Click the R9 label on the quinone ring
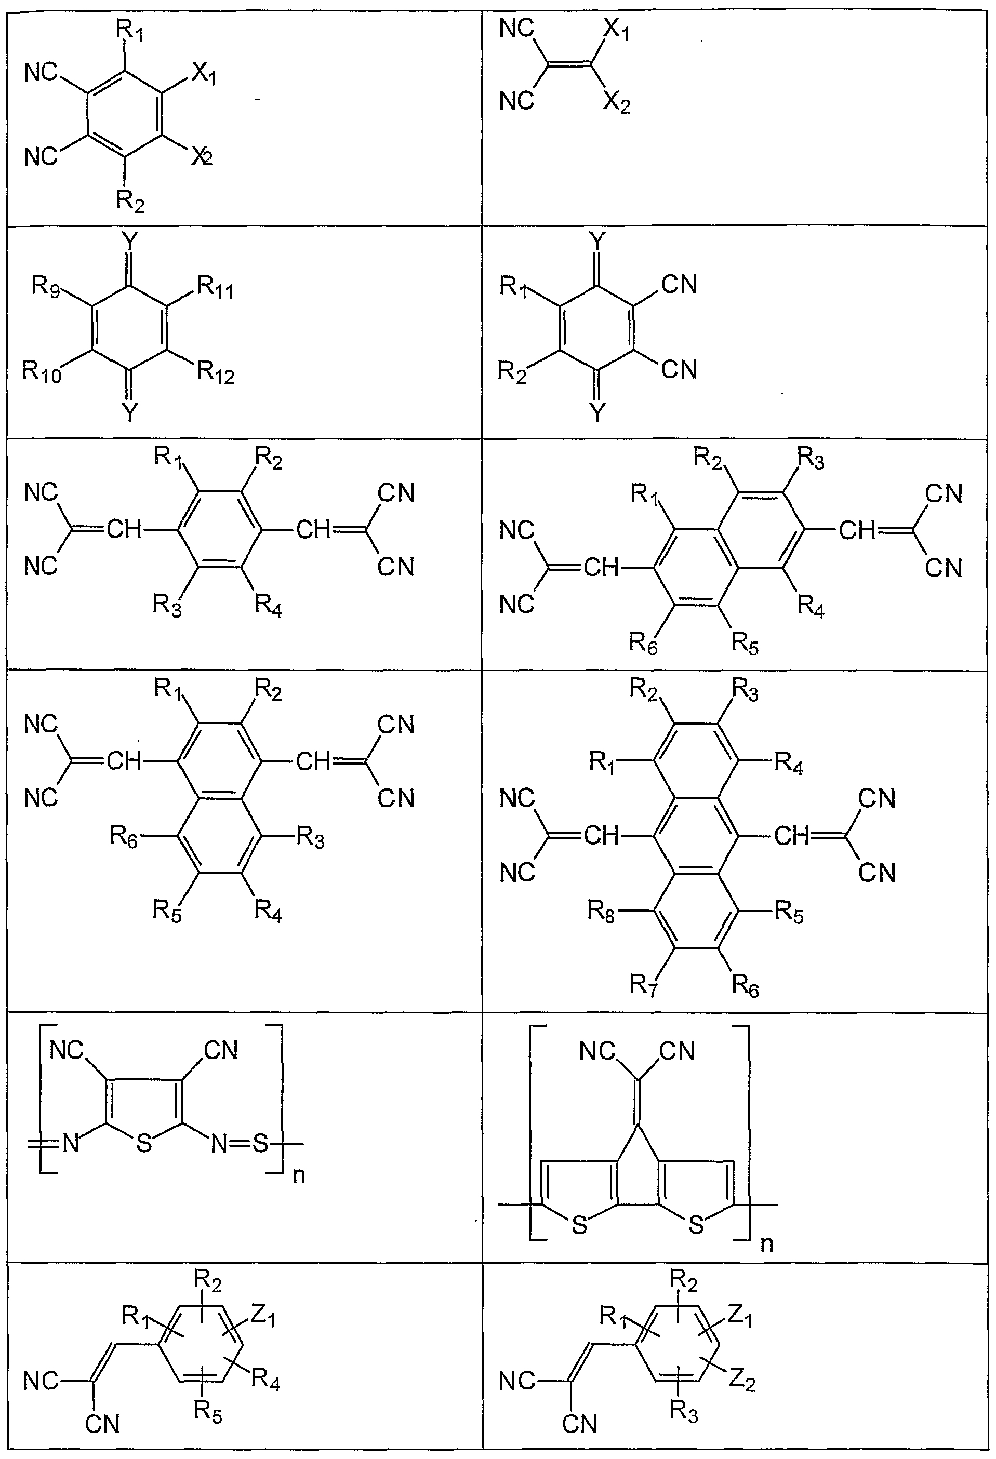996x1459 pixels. (46, 288)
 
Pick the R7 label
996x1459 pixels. (644, 986)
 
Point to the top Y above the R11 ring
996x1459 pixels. (129, 240)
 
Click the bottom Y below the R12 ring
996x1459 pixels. (129, 412)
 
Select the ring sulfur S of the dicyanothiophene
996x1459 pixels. (144, 1143)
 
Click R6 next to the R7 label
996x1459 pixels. (746, 986)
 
